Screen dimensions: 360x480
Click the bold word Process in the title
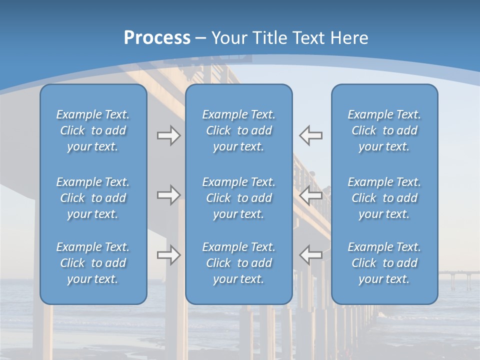click(157, 38)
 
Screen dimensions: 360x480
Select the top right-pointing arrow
click(168, 135)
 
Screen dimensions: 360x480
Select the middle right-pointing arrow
click(168, 195)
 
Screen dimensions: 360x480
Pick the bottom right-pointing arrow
click(168, 255)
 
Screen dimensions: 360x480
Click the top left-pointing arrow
click(310, 135)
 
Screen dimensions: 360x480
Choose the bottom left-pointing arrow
click(310, 255)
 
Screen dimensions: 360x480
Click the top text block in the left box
click(93, 130)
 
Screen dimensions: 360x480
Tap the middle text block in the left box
click(93, 198)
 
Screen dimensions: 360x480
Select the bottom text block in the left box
click(93, 263)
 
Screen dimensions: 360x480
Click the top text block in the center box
click(238, 130)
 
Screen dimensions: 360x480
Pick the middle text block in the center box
click(238, 198)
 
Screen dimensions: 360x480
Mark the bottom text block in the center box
click(238, 263)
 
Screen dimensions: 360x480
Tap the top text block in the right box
click(384, 130)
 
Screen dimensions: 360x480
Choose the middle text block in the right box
click(384, 198)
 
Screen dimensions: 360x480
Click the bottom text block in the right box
click(384, 263)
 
